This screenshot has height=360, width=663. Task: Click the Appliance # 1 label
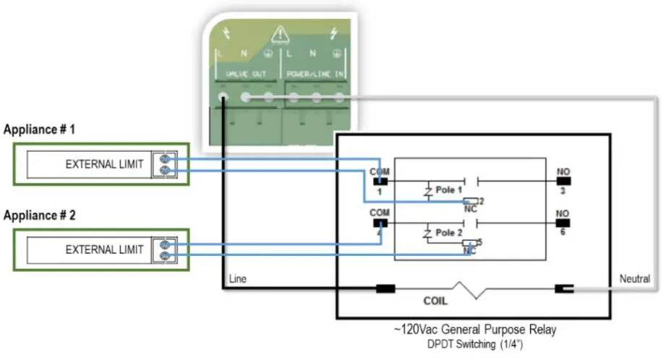40,130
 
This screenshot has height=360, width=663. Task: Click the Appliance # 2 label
40,215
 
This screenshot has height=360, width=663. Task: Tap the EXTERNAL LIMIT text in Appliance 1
106,164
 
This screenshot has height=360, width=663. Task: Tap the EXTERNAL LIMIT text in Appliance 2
106,249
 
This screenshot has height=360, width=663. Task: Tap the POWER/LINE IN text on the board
315,74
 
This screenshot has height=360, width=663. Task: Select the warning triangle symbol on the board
280,33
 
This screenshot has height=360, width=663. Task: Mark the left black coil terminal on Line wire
385,289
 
